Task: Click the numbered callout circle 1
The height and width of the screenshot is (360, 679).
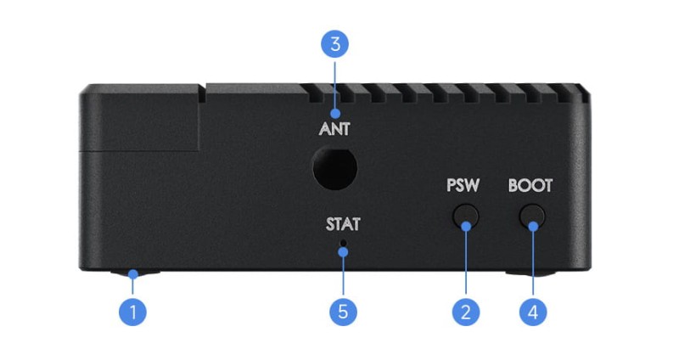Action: (x=132, y=311)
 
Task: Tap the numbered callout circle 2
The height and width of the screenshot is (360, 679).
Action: (x=464, y=311)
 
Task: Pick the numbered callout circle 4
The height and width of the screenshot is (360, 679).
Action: (x=532, y=311)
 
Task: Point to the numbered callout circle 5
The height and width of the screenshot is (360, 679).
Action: (x=343, y=311)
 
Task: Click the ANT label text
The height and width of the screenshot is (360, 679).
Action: (x=334, y=130)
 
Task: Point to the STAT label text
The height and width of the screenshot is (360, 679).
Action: (x=343, y=225)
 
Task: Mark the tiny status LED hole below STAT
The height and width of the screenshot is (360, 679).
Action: (x=343, y=245)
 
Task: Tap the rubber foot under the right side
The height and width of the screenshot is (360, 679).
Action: (x=530, y=274)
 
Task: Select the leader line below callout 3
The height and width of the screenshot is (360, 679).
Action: (x=334, y=85)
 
